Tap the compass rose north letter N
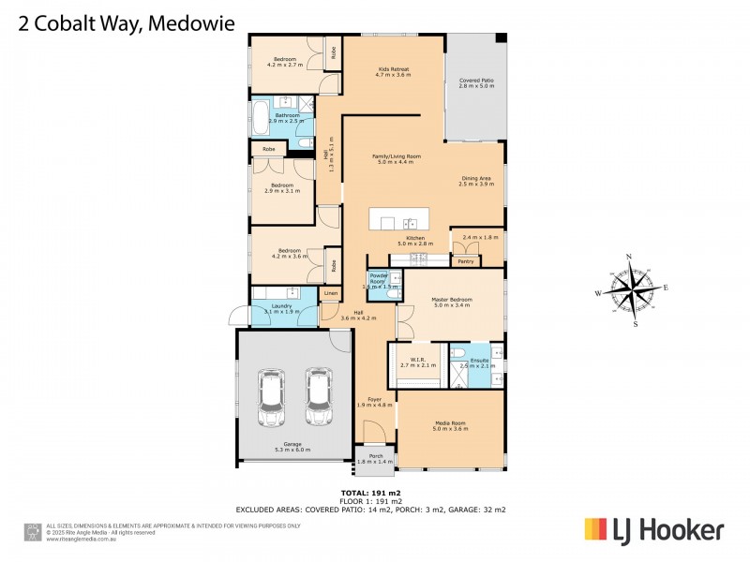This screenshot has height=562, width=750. click(629, 256)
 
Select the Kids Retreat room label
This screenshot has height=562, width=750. click(394, 71)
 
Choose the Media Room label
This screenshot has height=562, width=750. click(450, 424)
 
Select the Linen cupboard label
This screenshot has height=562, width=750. click(329, 294)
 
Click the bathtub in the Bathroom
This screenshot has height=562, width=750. click(260, 119)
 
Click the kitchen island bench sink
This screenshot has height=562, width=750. click(410, 222)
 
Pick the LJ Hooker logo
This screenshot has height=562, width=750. click(654, 530)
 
